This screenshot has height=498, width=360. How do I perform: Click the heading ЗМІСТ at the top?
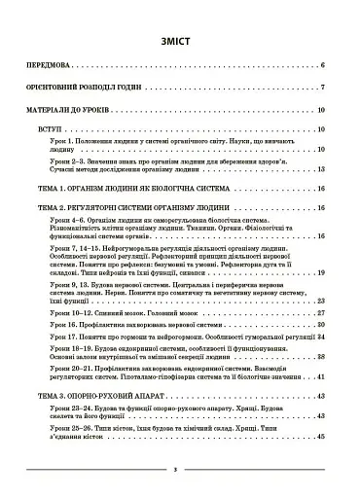click(x=179, y=43)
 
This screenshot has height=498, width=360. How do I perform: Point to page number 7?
click(x=319, y=88)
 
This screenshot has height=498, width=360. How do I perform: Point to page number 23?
click(x=318, y=302)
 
